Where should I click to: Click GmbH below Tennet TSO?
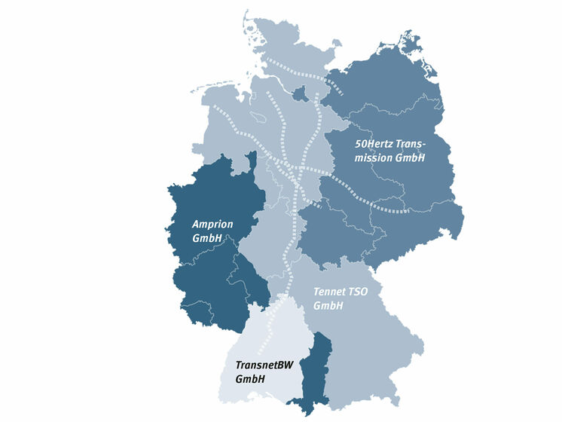[328, 305]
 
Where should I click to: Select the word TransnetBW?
[264, 365]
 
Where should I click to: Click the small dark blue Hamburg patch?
[299, 94]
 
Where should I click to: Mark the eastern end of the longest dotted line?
[408, 211]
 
